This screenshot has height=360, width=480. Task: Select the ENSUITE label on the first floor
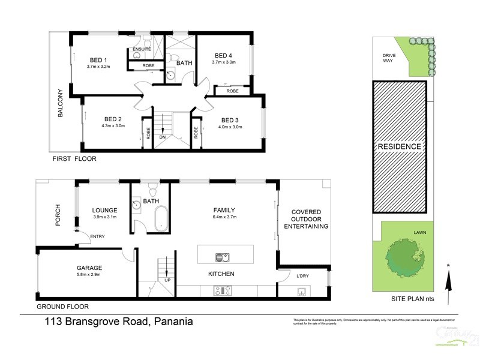click(142, 49)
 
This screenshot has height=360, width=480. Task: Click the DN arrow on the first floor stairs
click(162, 125)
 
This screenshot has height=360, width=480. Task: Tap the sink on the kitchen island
click(220, 257)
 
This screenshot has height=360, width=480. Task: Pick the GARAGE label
click(89, 268)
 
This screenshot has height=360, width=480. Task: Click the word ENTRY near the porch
click(97, 236)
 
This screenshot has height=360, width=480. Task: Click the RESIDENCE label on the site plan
click(399, 146)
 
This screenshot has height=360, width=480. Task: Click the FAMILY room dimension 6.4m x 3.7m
click(224, 218)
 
